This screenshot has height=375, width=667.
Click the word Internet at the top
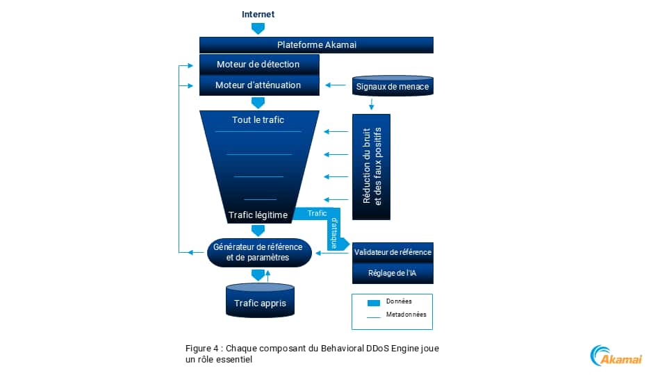(x=258, y=14)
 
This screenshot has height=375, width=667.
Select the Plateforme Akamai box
(x=316, y=45)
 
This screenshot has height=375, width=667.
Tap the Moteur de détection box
(x=258, y=65)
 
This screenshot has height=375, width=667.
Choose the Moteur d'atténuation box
(x=258, y=85)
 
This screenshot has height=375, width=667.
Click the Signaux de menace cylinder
(x=393, y=87)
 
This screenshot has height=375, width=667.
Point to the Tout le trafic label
(x=258, y=120)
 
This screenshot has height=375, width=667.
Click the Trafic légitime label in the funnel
(x=258, y=215)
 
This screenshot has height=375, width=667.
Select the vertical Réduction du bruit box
(x=372, y=166)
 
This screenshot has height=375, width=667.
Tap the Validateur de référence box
(x=393, y=252)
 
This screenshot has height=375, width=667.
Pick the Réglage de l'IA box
(x=393, y=274)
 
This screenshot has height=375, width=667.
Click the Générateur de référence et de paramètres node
(x=258, y=252)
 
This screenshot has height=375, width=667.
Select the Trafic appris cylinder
(x=259, y=302)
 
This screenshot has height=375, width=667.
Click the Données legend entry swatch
(x=374, y=302)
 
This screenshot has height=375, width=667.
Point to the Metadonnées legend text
(x=406, y=315)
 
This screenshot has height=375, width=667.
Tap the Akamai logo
(x=616, y=356)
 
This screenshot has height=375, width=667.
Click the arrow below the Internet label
(x=258, y=28)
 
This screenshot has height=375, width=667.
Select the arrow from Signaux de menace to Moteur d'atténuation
(x=336, y=86)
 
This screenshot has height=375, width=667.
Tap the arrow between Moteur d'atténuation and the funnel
(x=258, y=103)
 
